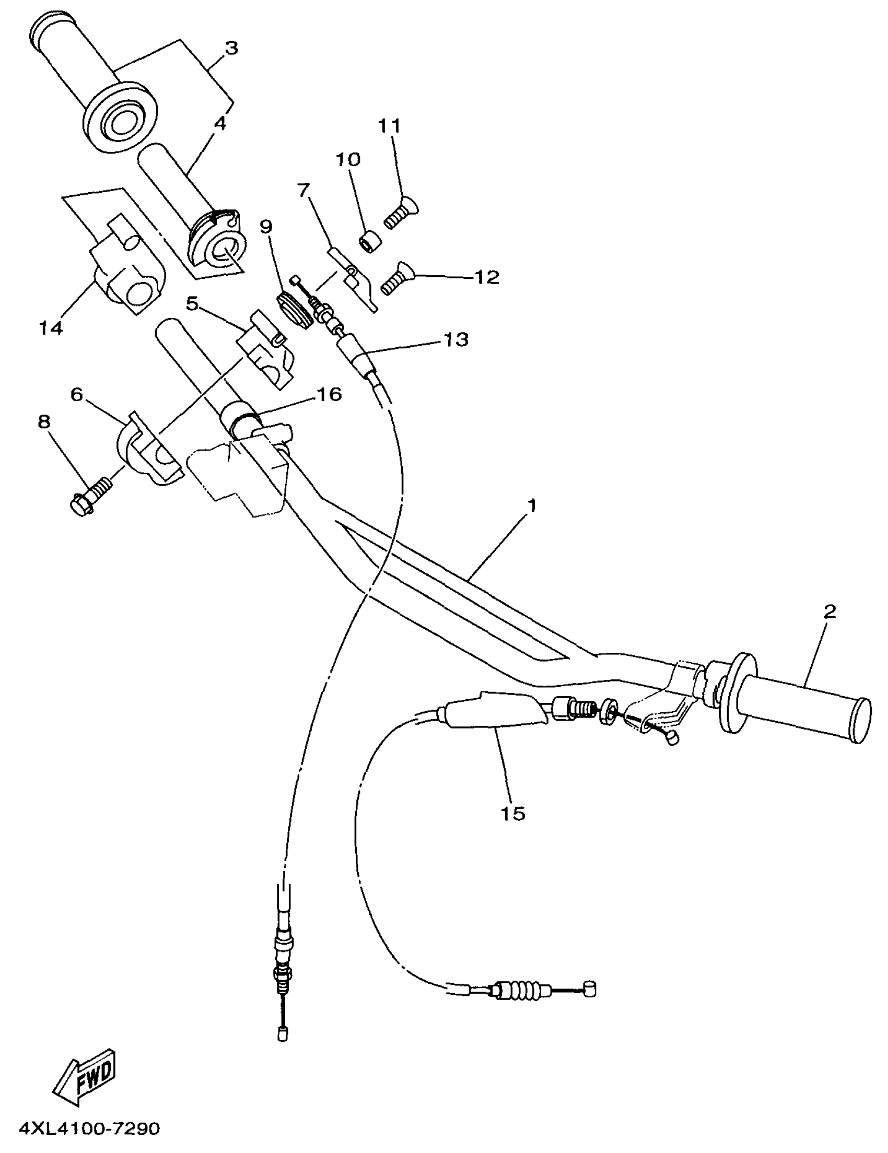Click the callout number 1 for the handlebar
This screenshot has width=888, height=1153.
[532, 506]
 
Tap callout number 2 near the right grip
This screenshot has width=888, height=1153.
[829, 612]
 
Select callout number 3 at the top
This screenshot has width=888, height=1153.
[231, 48]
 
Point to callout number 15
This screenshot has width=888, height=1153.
[512, 814]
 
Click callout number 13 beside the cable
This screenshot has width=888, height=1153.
[455, 339]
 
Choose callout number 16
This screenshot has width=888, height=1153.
[330, 394]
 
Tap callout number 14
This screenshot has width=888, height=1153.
[51, 328]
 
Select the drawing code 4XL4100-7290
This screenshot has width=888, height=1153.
[90, 1127]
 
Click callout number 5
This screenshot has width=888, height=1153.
[191, 303]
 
